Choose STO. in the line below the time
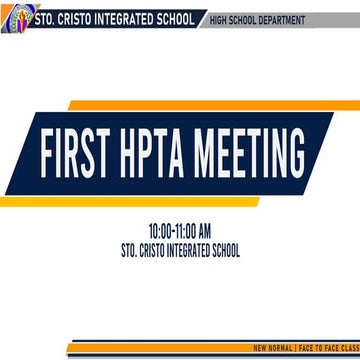(127, 249)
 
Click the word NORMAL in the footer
(281, 348)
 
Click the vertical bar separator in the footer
(297, 348)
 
